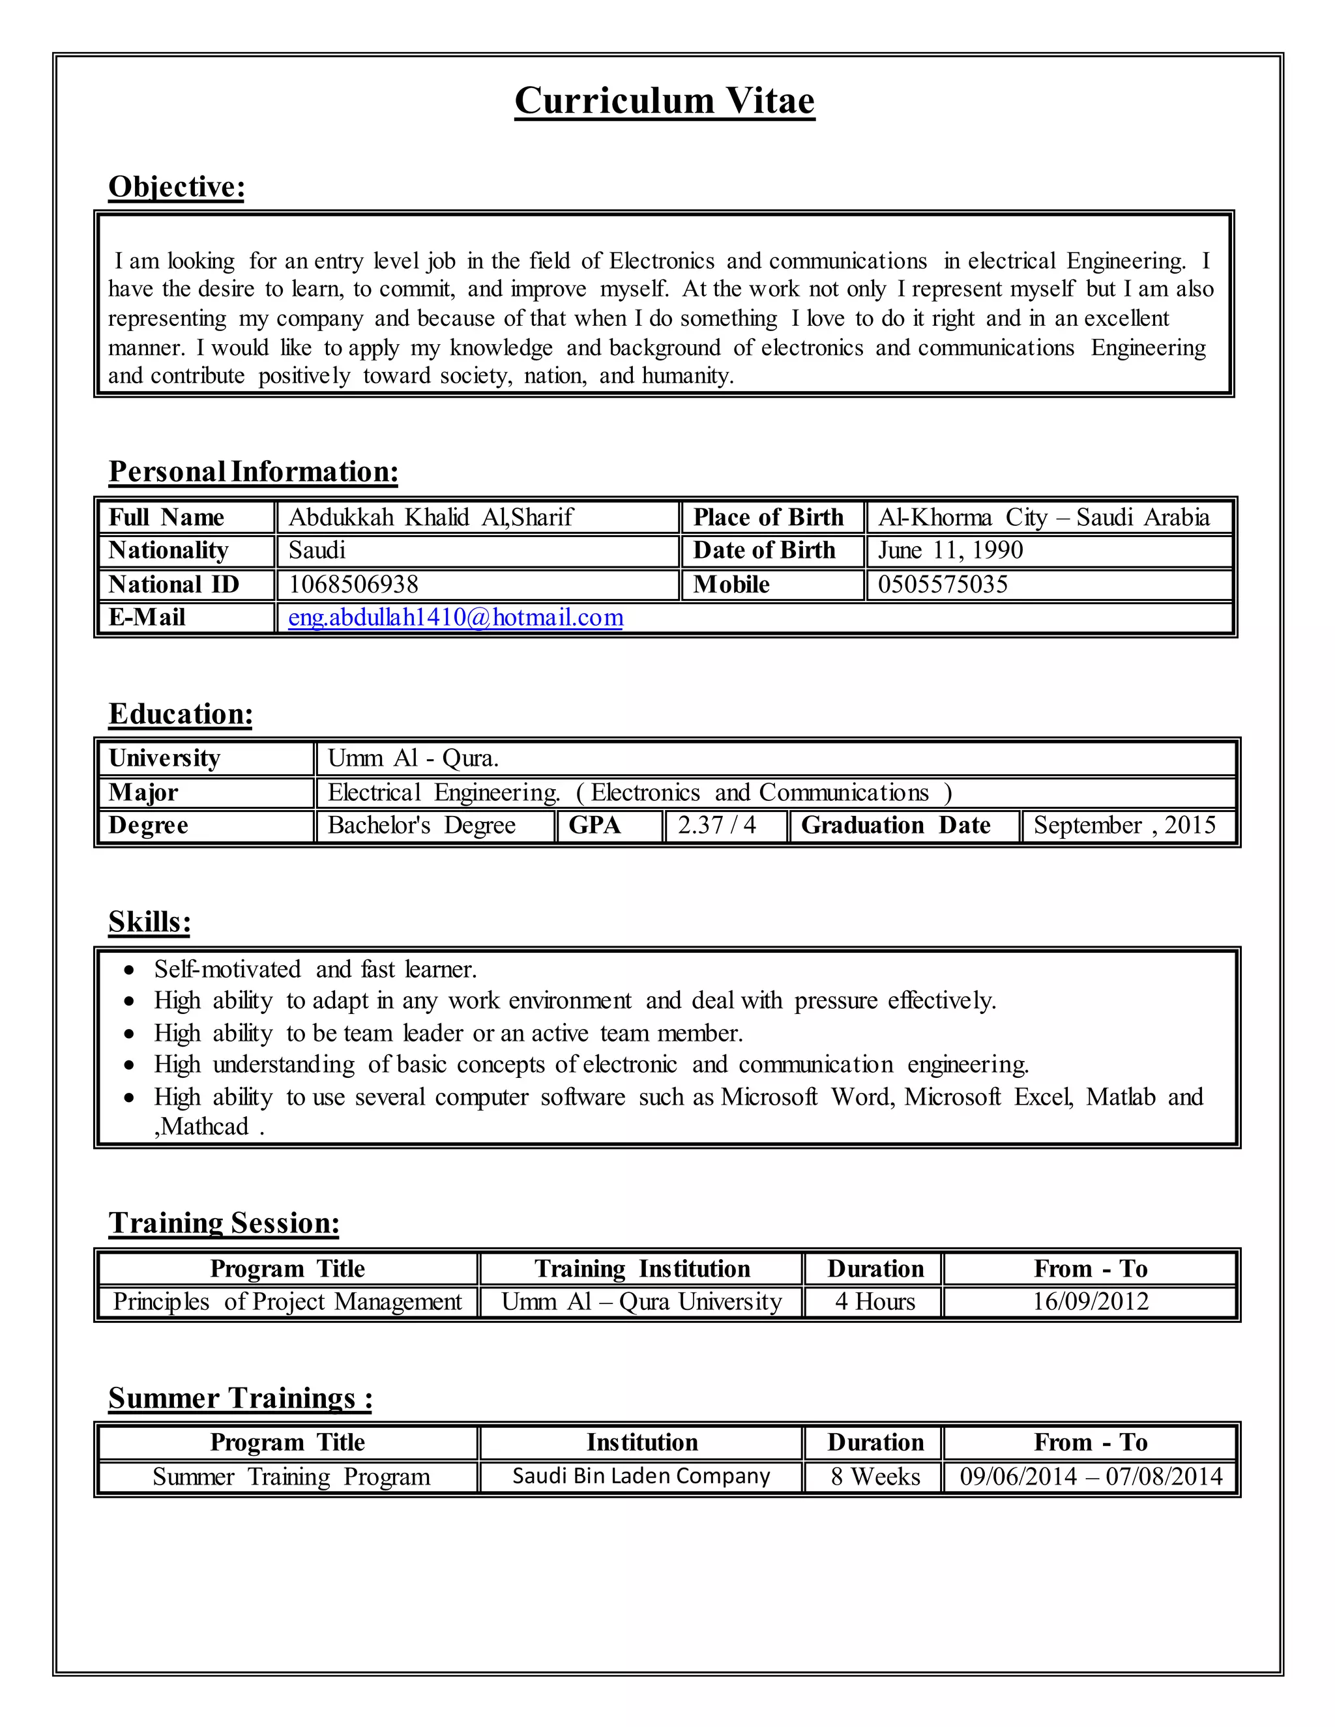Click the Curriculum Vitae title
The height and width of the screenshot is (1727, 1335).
coord(664,101)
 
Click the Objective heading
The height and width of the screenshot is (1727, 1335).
coord(177,188)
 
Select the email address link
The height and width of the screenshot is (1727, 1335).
coord(456,618)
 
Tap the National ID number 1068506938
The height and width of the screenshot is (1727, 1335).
coord(353,585)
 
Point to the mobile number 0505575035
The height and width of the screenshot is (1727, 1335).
coord(943,585)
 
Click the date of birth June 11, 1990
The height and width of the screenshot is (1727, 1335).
coord(950,551)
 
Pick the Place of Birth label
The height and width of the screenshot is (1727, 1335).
coord(768,517)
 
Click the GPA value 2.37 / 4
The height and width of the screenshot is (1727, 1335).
coord(716,826)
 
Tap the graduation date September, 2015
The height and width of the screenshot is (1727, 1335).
coord(1124,826)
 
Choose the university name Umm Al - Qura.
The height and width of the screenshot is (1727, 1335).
coord(413,759)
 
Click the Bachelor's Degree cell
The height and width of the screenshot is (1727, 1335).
coord(422,826)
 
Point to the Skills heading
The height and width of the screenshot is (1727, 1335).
coord(149,922)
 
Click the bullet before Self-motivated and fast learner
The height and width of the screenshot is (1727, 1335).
coord(130,970)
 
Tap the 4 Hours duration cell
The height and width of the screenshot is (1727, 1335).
coord(875,1301)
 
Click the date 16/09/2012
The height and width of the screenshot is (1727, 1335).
coord(1091,1301)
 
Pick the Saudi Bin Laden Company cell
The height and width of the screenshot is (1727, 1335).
coord(641,1476)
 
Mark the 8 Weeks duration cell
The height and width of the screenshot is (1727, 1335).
coord(875,1477)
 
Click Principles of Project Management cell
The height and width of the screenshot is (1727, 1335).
coord(287,1301)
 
